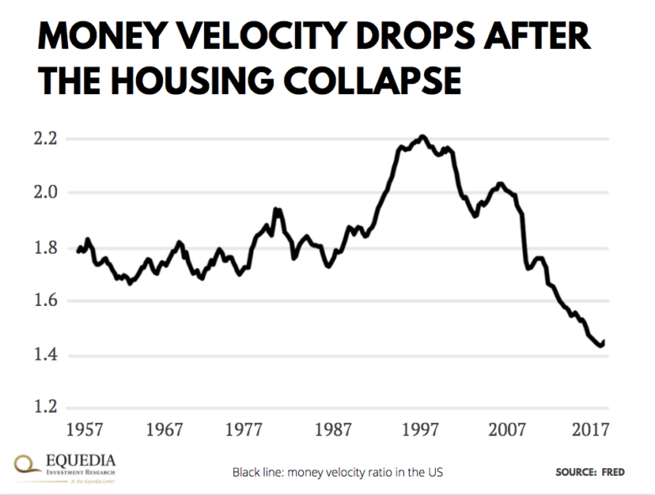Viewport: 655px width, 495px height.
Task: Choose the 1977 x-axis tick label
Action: [x=250, y=429]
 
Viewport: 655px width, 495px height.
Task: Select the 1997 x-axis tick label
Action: [x=421, y=429]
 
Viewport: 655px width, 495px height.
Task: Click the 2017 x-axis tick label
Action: [x=590, y=429]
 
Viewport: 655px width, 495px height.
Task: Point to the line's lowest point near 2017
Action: [x=600, y=345]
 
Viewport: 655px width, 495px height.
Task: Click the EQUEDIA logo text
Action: [x=77, y=461]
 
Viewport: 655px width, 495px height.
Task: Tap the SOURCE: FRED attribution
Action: [x=589, y=472]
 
